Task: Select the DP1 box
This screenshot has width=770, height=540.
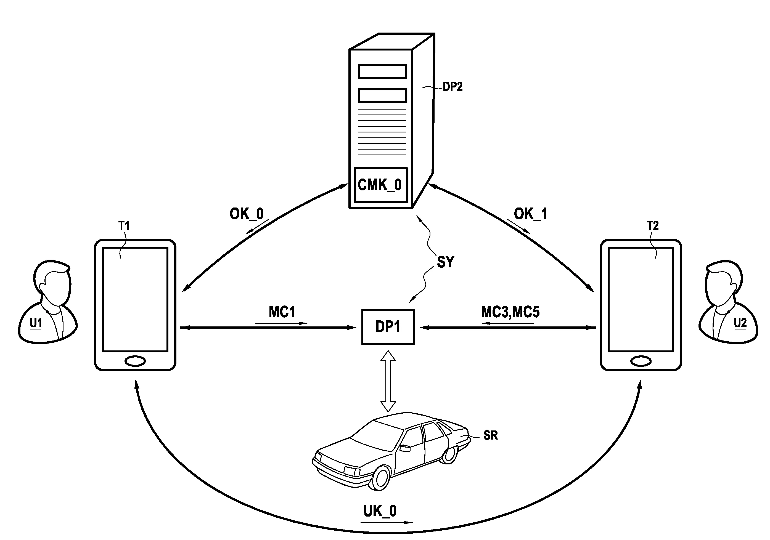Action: (x=388, y=327)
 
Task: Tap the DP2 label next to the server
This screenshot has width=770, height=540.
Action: (x=453, y=87)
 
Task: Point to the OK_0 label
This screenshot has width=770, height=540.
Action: (x=247, y=214)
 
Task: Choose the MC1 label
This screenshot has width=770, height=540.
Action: (x=282, y=312)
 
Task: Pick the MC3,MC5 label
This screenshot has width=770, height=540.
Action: (x=510, y=312)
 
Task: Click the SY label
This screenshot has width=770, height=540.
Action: (x=445, y=262)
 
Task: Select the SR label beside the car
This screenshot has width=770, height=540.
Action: (x=490, y=435)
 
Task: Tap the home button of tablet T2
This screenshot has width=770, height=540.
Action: (x=641, y=361)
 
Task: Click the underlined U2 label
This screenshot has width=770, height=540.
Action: (x=740, y=323)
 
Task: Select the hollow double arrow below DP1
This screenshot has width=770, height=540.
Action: (x=388, y=381)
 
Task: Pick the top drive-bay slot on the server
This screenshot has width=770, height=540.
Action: (x=382, y=72)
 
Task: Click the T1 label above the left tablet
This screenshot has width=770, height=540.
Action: (x=124, y=226)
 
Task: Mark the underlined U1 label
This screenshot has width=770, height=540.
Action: (x=36, y=323)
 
